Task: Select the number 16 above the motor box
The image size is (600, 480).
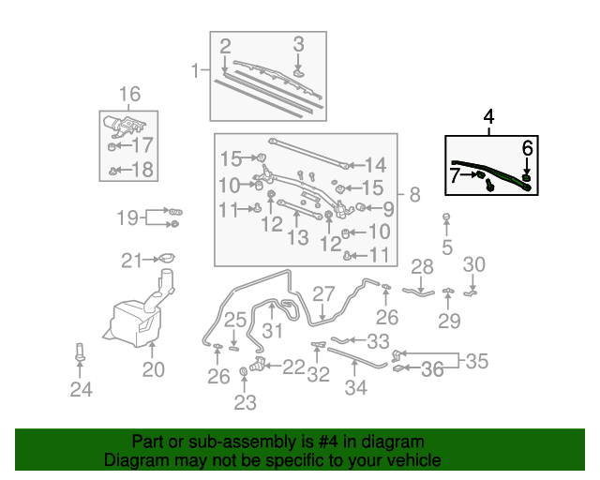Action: [x=129, y=94]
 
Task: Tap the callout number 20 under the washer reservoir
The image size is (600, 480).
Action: [x=153, y=369]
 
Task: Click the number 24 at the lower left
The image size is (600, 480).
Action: [x=82, y=388]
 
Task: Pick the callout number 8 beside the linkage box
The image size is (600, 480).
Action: [x=414, y=196]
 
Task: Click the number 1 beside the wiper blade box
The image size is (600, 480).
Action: [x=195, y=71]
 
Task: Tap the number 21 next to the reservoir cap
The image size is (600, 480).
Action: [x=130, y=260]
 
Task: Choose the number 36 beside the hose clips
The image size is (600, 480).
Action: [x=431, y=370]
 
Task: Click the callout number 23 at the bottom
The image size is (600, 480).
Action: [x=245, y=402]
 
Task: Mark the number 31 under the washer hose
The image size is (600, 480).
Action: [x=272, y=330]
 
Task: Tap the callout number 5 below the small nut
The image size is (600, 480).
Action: [x=447, y=247]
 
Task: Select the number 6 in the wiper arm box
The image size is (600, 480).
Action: [x=527, y=147]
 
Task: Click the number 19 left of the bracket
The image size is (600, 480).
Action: [x=127, y=218]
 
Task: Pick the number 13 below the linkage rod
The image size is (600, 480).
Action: [x=298, y=237]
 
